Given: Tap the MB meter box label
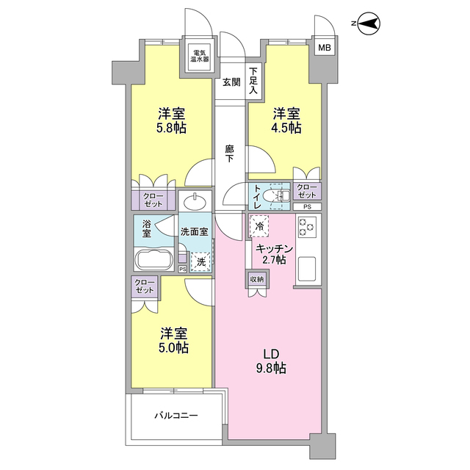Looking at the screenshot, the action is coord(325,48).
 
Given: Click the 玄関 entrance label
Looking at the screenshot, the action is coord(231,82).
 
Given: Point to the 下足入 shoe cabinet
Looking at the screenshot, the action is coord(254,81).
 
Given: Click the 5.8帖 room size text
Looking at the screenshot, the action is coord(171,129).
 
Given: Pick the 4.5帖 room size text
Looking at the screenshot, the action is coord(286,128).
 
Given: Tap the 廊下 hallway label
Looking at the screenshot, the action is coord(229,153).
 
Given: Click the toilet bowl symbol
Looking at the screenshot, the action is coord(276,196).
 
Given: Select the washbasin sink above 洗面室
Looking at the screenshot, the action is coord(195,202).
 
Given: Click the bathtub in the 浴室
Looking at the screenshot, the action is coord(154,259).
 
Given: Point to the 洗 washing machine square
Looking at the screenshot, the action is coord(201,262).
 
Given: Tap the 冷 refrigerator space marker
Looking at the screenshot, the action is coord(259,226).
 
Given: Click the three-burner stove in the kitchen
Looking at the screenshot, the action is coord(308,227).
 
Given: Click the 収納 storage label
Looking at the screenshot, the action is coord(257,279).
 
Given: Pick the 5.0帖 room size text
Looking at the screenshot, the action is coord(174,347).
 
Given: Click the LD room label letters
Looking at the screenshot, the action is coord(271,354).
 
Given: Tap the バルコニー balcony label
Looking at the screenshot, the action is coord(176,416).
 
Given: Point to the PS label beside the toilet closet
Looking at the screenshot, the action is coord(307,206).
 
